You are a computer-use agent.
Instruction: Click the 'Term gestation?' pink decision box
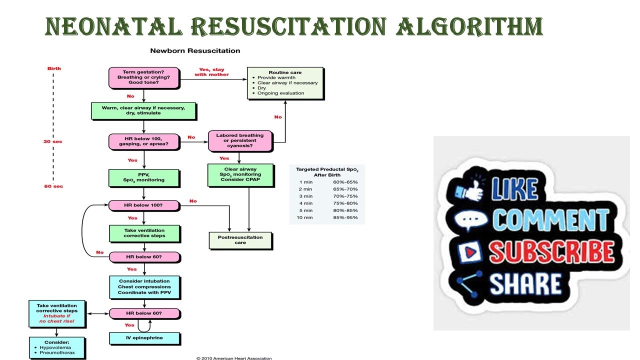tap(143, 77)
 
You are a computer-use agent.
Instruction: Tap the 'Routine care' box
tap(285, 82)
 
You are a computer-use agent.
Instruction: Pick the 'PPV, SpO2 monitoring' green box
tap(143, 177)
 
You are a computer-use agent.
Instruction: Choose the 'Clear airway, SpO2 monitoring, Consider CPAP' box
tap(240, 175)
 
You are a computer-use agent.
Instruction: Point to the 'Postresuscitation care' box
tap(240, 240)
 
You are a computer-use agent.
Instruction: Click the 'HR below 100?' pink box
tap(143, 205)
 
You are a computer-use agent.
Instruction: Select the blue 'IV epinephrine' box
tap(143, 338)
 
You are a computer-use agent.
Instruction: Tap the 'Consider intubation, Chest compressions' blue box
tap(144, 286)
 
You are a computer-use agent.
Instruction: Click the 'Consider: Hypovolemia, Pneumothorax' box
tap(56, 347)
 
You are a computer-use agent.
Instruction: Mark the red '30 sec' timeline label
tap(52, 141)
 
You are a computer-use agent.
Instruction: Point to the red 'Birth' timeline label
tap(54, 68)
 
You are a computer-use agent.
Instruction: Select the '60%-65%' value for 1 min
tap(345, 182)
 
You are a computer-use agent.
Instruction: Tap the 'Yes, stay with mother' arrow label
tap(211, 72)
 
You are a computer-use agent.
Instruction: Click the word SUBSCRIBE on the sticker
tap(551, 251)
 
